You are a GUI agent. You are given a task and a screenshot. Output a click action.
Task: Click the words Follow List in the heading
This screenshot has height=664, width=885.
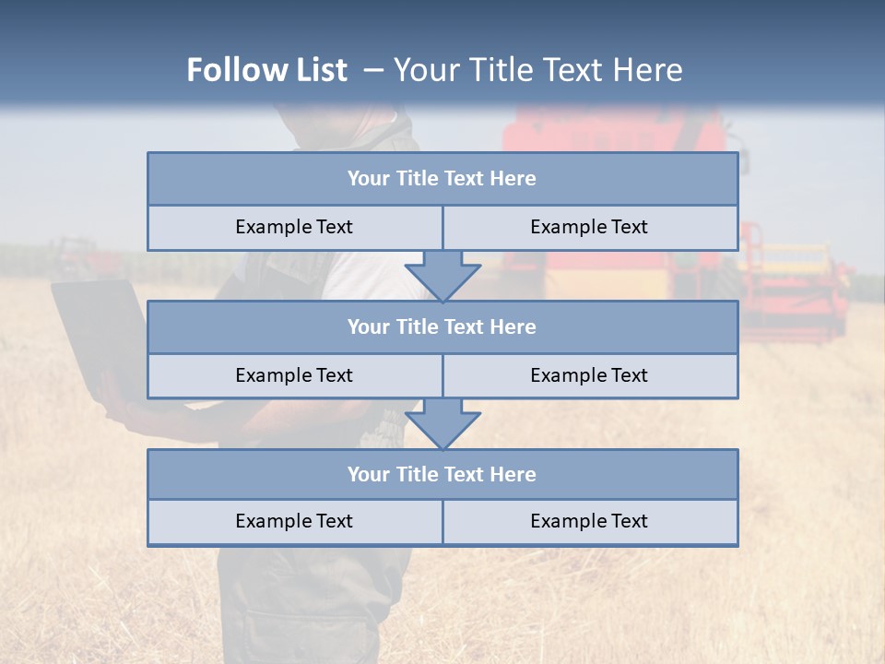pos(266,70)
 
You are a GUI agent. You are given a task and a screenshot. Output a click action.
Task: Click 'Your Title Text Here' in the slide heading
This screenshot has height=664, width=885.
pos(537,70)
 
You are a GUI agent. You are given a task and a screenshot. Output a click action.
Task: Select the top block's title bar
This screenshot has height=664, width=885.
pos(442,179)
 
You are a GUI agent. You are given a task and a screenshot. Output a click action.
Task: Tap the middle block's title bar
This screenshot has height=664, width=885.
pos(442,327)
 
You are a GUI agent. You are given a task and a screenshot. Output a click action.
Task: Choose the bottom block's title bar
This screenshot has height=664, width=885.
pos(442,475)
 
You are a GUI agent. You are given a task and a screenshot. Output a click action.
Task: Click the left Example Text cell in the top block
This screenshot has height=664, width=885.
pos(294,228)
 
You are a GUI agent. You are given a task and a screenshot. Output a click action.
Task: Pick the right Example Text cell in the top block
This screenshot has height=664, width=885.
pos(589,228)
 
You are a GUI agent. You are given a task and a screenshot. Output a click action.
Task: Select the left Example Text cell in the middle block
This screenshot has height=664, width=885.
pos(294,376)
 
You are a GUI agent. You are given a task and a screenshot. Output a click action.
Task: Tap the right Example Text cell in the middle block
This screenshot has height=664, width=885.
pos(589,376)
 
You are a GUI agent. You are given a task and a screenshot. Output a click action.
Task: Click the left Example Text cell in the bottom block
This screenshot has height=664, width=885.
pos(294,522)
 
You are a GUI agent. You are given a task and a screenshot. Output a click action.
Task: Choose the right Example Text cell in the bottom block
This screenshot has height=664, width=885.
pos(589,522)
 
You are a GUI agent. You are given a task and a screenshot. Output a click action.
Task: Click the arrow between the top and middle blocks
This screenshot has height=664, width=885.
pos(442,276)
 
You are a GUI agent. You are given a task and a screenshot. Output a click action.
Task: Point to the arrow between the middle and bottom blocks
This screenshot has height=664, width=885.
pos(442,423)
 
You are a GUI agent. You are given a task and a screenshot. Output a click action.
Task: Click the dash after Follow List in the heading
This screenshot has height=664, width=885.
pos(373,70)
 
